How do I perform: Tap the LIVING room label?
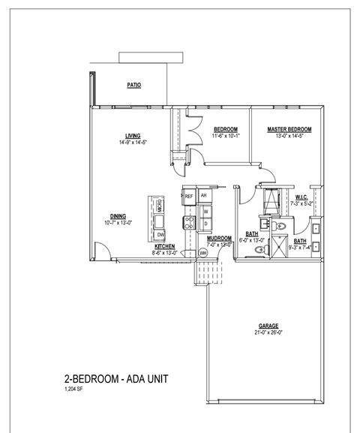point(133,136)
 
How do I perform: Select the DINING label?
point(117,216)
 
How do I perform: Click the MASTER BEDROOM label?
point(289,130)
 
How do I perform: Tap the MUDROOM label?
point(218,239)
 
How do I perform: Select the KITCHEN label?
point(165,246)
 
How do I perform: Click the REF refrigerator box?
point(189,196)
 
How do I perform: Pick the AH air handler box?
point(203,195)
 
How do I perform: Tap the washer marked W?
point(205,212)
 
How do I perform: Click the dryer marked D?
point(205,223)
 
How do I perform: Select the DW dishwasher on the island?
point(160,235)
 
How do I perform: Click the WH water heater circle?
point(202,253)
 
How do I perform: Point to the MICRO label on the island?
point(160,204)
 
